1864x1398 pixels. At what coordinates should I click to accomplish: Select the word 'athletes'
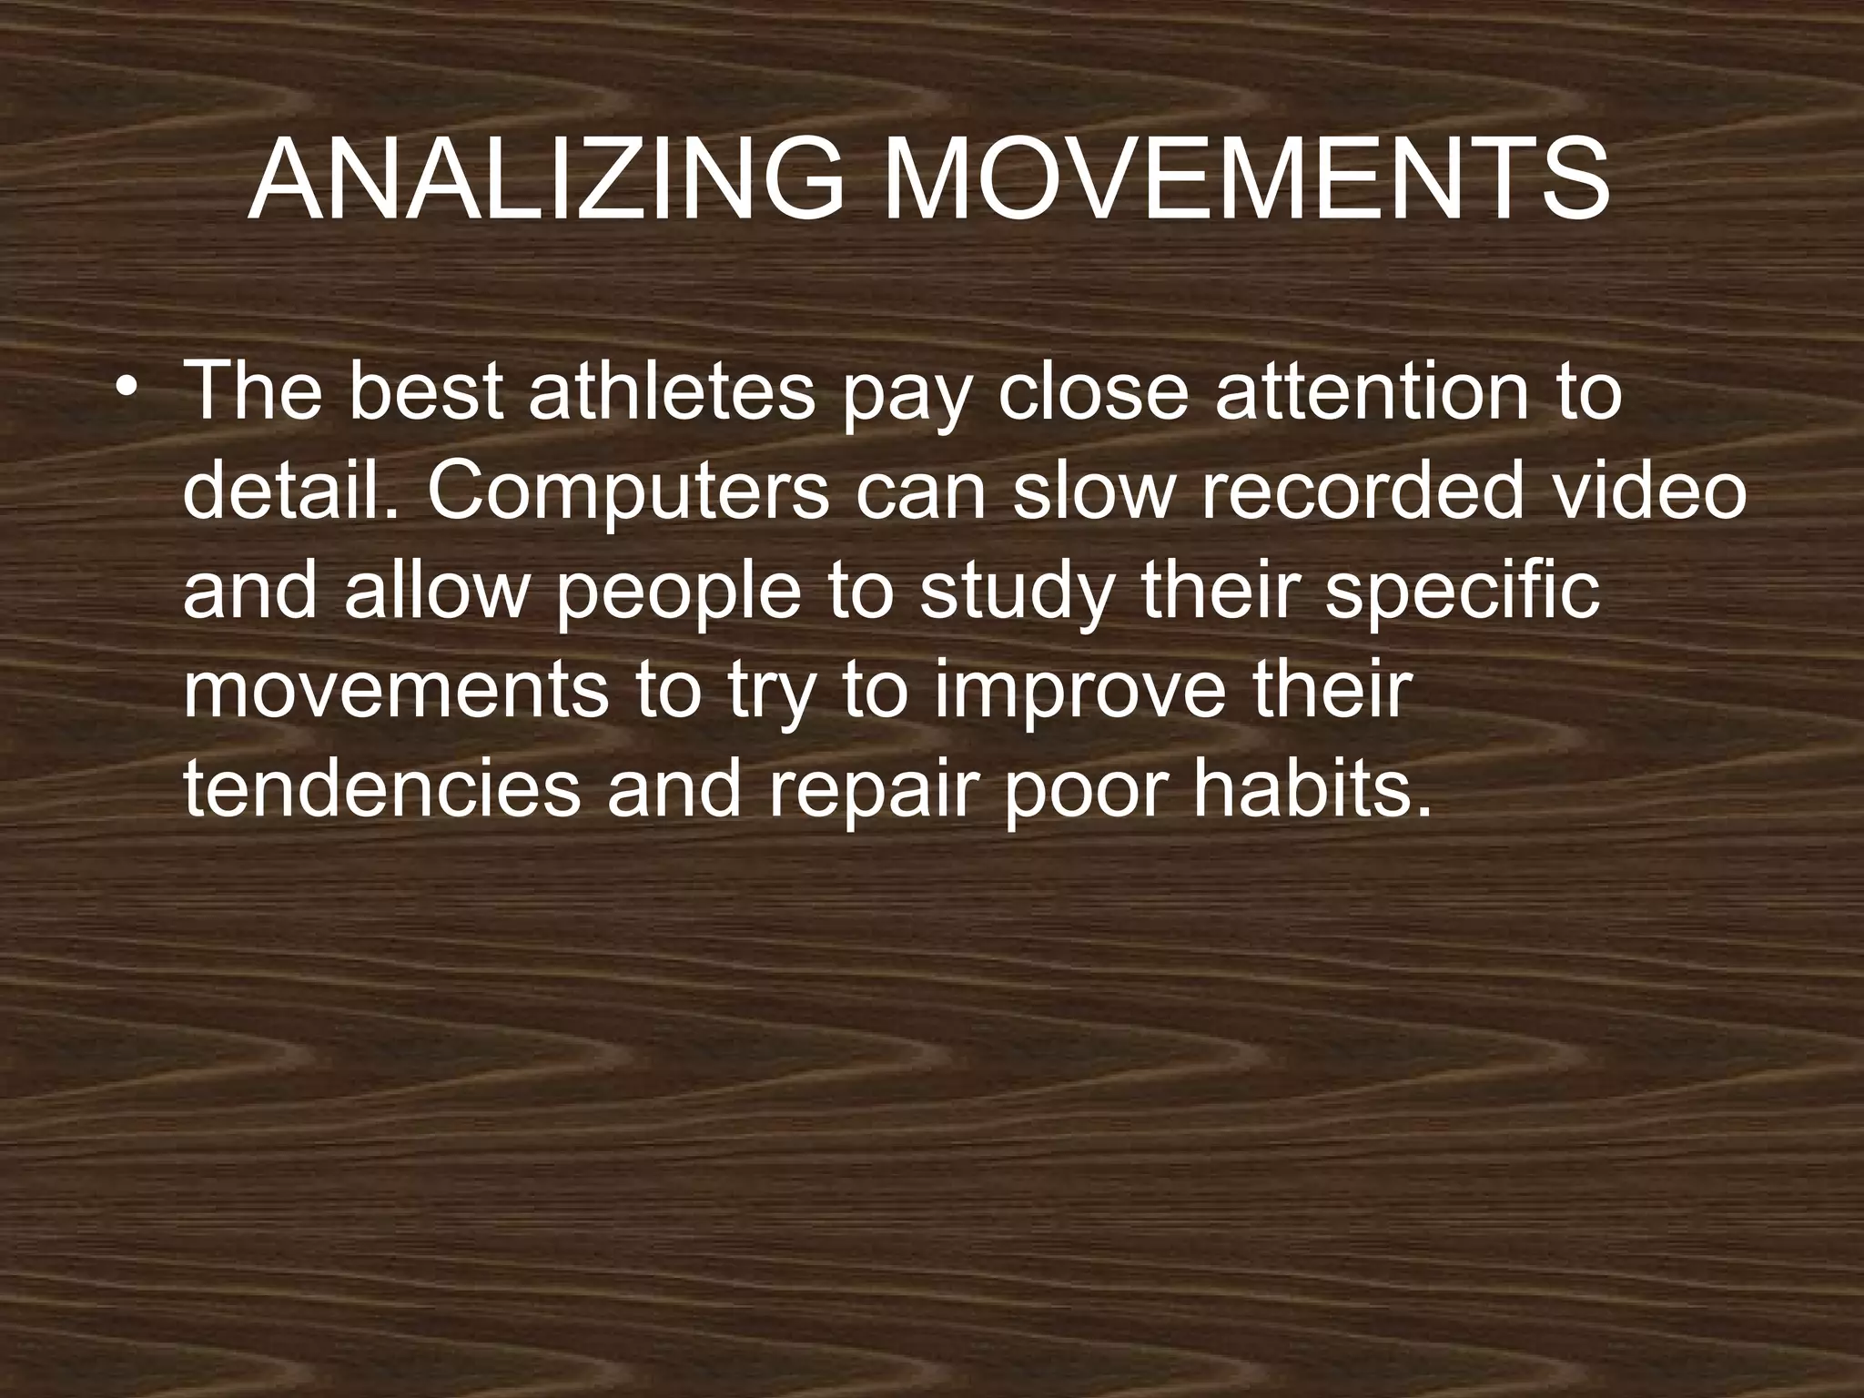[x=672, y=392]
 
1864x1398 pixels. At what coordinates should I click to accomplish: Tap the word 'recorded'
[x=1363, y=492]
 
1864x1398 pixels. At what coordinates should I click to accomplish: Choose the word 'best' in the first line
[x=425, y=392]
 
